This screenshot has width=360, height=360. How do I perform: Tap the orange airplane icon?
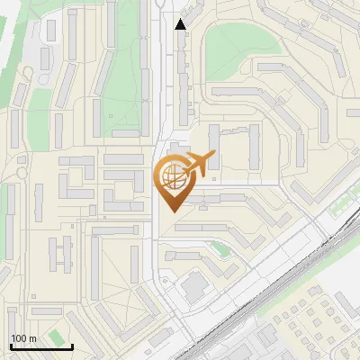pos(200,163)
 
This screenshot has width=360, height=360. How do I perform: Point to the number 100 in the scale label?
pos(20,338)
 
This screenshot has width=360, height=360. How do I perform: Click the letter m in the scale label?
pos(32,338)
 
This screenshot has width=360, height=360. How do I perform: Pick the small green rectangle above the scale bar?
pos(58,337)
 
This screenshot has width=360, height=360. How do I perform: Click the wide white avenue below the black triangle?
pos(166,90)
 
